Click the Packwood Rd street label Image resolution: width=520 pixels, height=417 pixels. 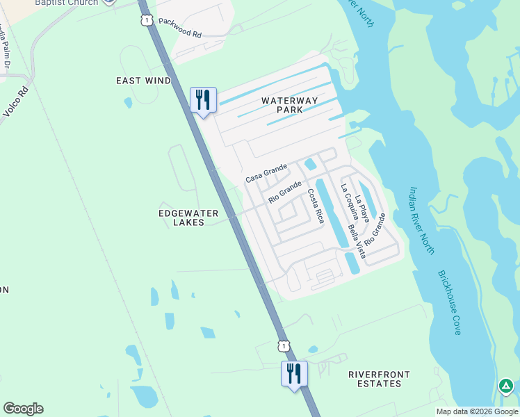[x=179, y=28]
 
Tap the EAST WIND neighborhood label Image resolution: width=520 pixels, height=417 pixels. [x=143, y=81]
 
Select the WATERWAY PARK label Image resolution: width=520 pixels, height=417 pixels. [x=290, y=105]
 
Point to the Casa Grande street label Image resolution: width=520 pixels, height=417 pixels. [x=266, y=174]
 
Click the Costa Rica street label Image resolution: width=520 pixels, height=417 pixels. [x=316, y=206]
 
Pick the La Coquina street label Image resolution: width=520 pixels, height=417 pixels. [x=349, y=202]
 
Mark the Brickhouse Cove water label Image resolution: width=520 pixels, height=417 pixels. [x=449, y=302]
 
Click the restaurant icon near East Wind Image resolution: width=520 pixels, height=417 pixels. [x=203, y=100]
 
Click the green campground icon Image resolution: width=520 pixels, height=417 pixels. [x=505, y=386]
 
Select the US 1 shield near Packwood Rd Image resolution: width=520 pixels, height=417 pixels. [x=146, y=21]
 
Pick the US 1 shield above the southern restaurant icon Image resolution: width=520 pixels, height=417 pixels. [x=283, y=345]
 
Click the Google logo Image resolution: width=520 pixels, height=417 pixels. [x=23, y=409]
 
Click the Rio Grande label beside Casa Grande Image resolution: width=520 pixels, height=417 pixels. [x=285, y=192]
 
